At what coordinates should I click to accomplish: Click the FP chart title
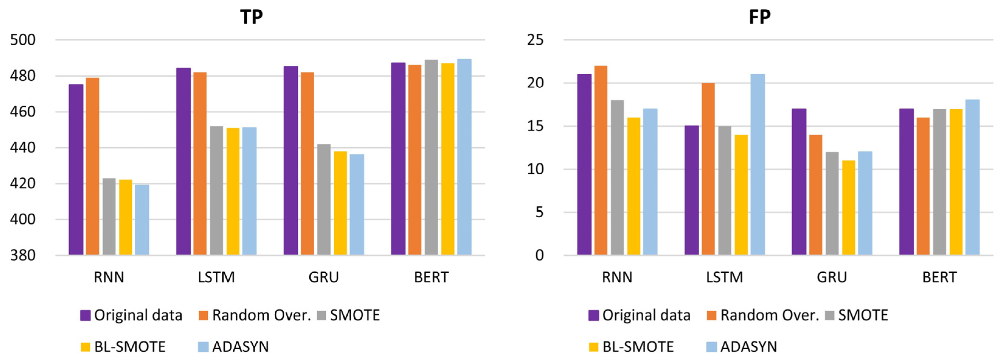760,17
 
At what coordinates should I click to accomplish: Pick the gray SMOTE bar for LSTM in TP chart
217,190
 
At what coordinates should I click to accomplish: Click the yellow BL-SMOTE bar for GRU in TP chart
340,203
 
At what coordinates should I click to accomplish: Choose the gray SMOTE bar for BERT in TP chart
431,157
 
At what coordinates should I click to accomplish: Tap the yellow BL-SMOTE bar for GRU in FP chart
849,208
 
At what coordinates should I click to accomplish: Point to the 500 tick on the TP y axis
23,40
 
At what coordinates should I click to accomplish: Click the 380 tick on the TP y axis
23,255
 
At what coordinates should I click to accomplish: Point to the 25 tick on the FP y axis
535,40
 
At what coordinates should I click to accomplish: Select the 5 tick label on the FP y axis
539,212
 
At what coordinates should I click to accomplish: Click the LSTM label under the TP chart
217,278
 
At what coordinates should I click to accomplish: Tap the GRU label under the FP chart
832,278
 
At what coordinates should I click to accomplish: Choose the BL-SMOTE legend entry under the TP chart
123,346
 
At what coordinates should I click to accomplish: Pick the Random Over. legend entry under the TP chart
255,315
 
